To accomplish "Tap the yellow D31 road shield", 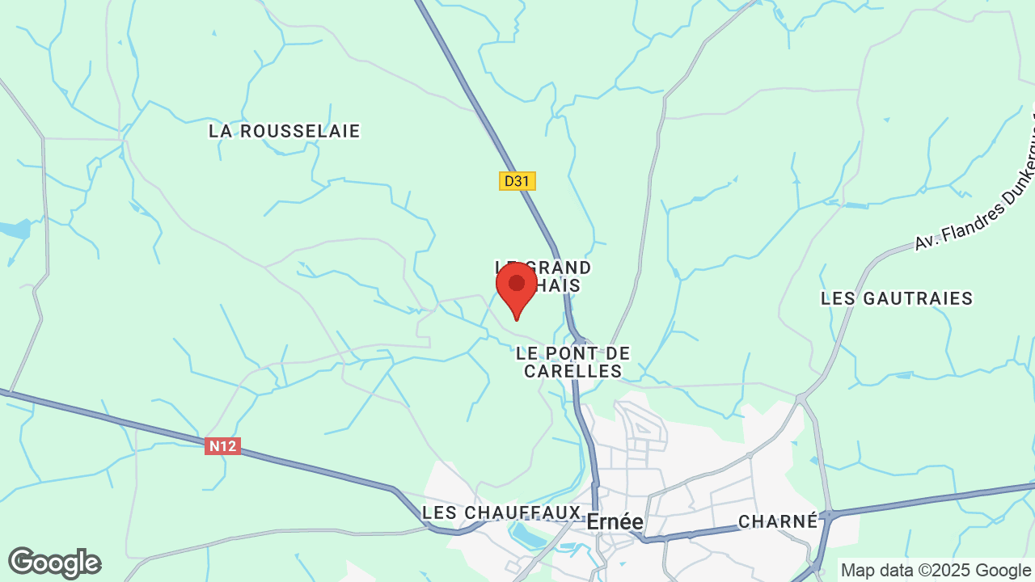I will click(517, 181).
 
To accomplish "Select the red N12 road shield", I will click(222, 446).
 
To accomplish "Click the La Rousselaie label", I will click(284, 131).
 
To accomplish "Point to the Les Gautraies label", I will click(897, 298).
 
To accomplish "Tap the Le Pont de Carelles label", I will click(572, 362).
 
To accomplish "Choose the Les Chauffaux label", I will click(501, 512).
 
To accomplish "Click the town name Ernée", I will click(615, 522).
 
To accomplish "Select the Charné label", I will click(779, 521).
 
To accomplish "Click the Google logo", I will click(54, 563).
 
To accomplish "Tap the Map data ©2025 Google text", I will click(936, 570).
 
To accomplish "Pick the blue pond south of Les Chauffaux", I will click(527, 533).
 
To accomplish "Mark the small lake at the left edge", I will click(15, 229).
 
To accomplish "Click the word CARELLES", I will click(572, 371).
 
